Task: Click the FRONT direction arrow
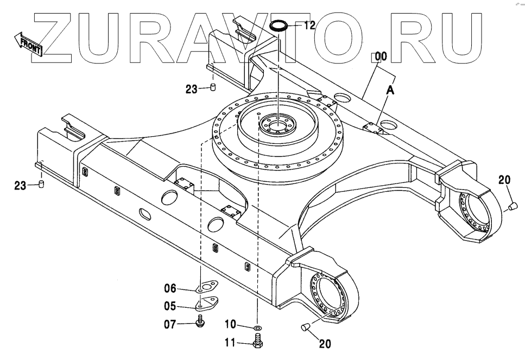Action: (29, 44)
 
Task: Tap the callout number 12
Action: (309, 26)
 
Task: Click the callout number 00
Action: (380, 56)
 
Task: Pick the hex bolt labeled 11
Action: (257, 342)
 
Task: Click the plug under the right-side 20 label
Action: (512, 205)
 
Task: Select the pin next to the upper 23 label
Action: (213, 87)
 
